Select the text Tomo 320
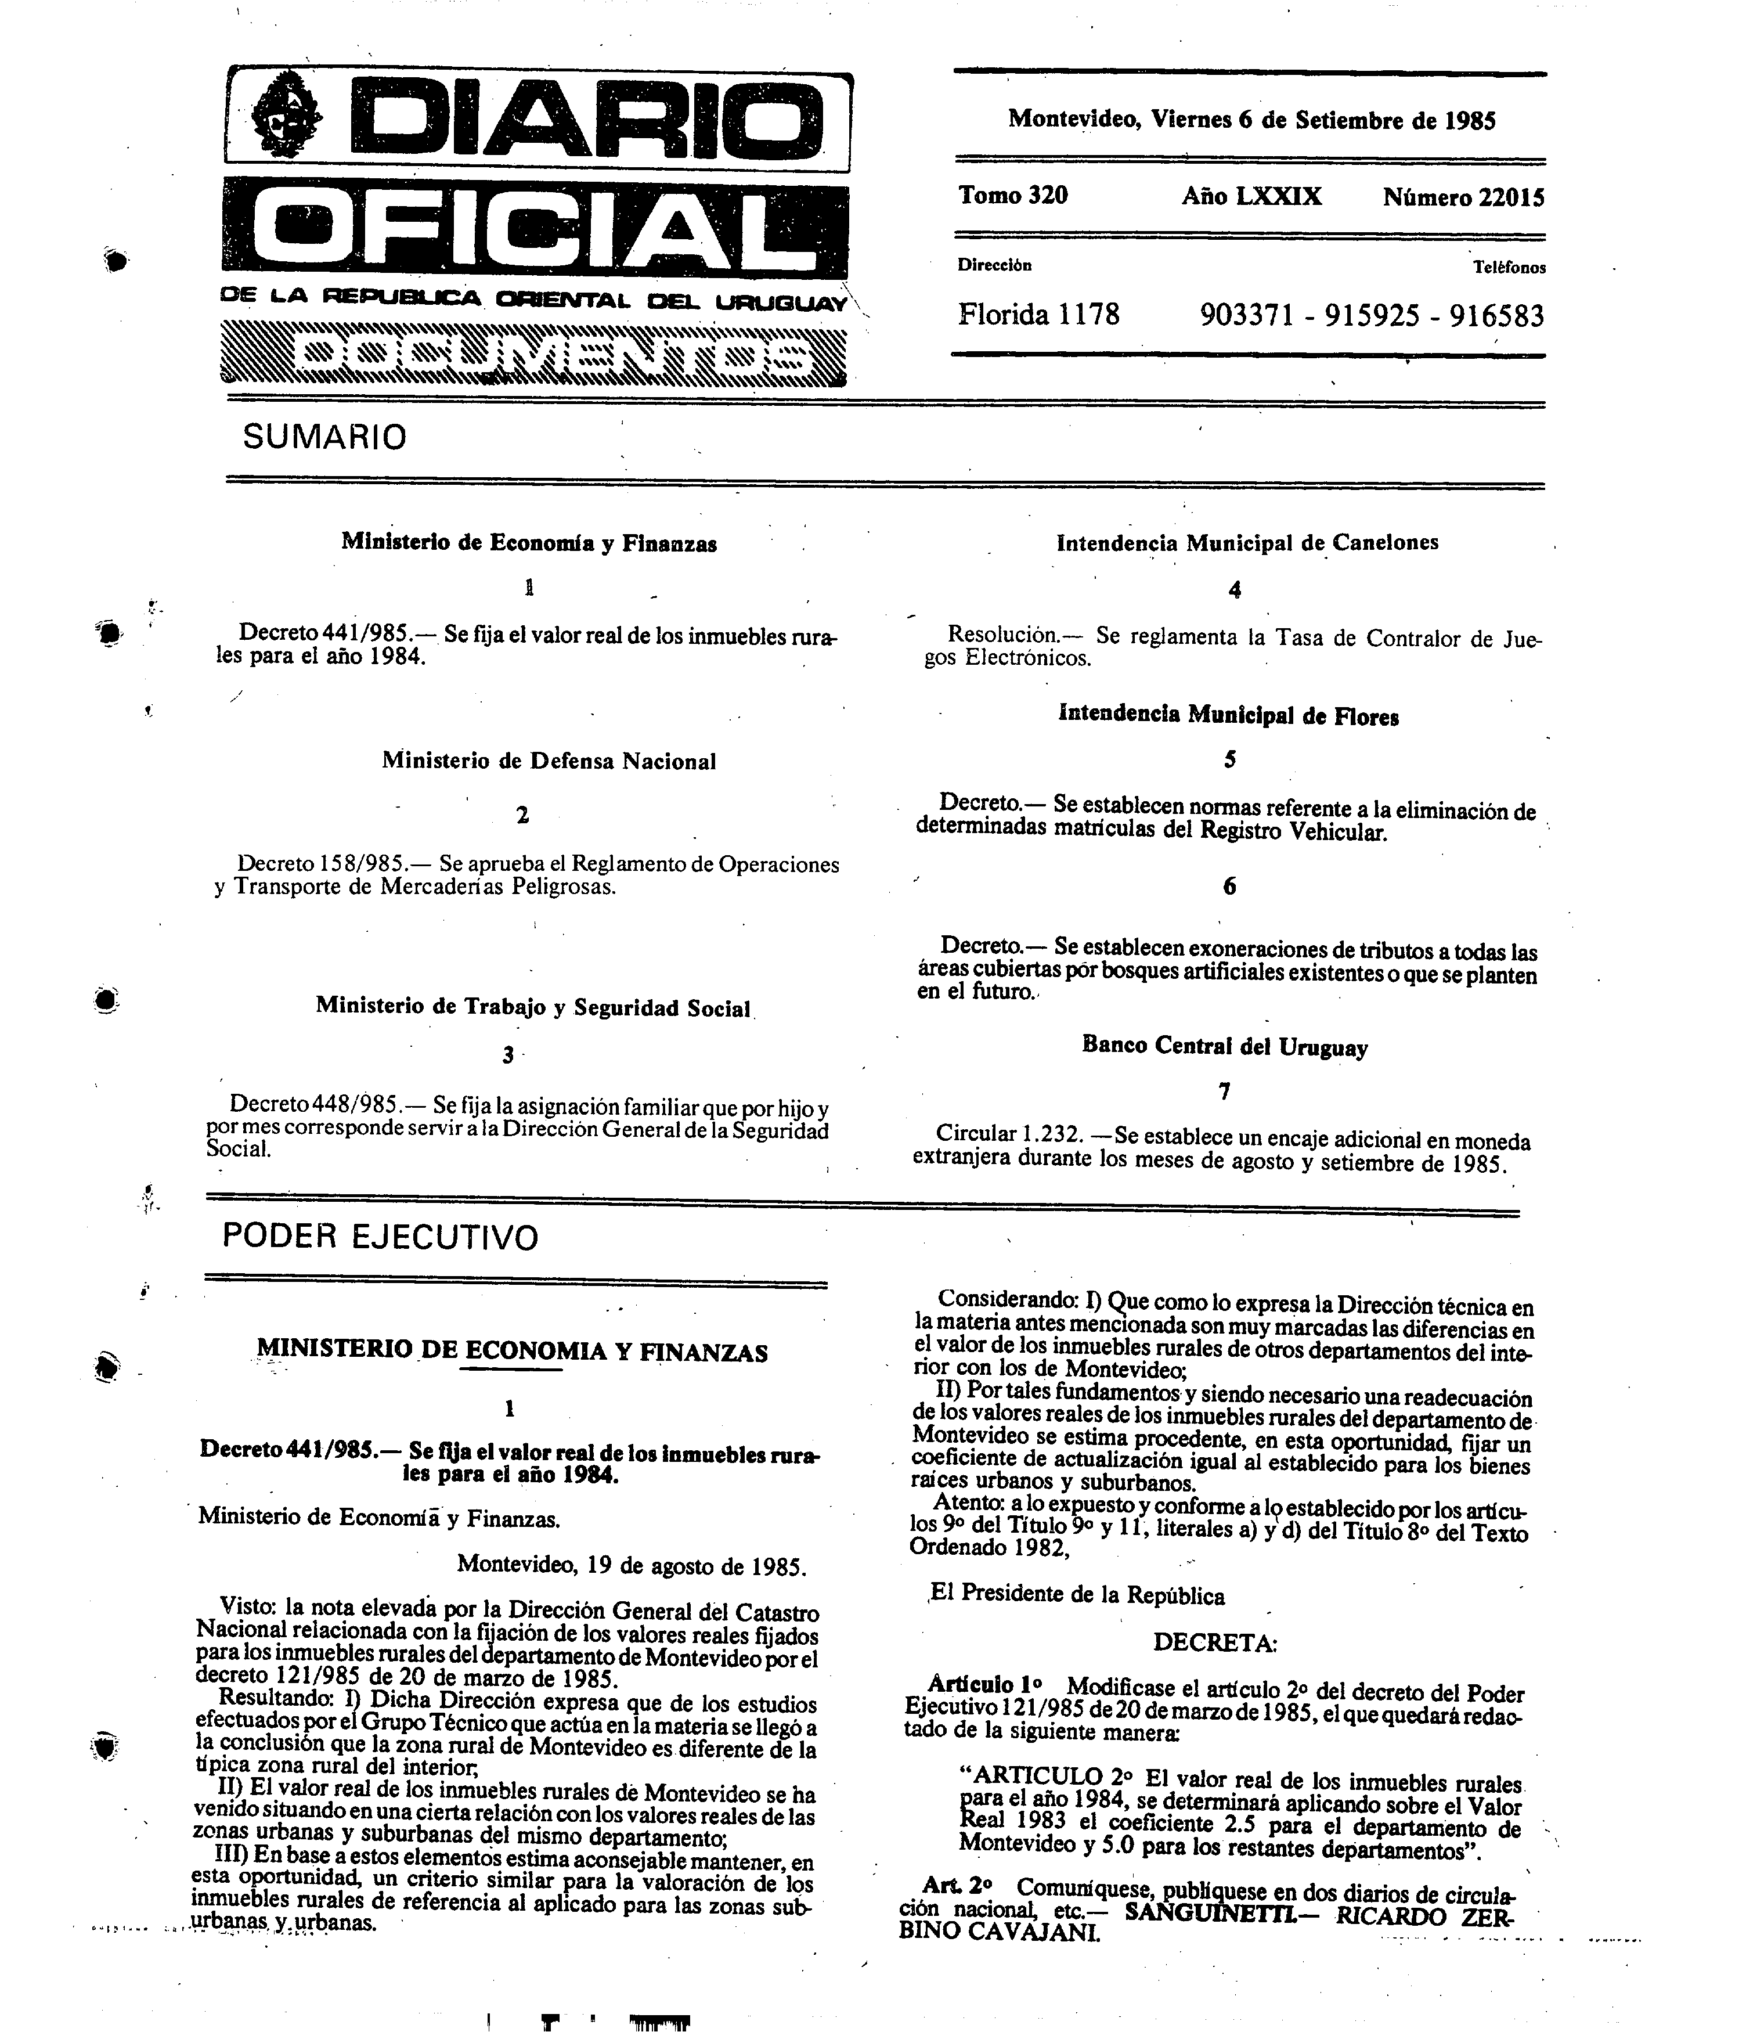point(1013,195)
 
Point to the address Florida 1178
point(1038,315)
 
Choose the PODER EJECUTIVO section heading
point(380,1237)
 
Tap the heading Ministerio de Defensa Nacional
point(549,761)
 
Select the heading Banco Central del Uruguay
point(1224,1046)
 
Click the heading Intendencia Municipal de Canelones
point(1247,542)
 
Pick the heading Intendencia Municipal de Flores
point(1228,716)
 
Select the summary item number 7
point(1224,1090)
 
